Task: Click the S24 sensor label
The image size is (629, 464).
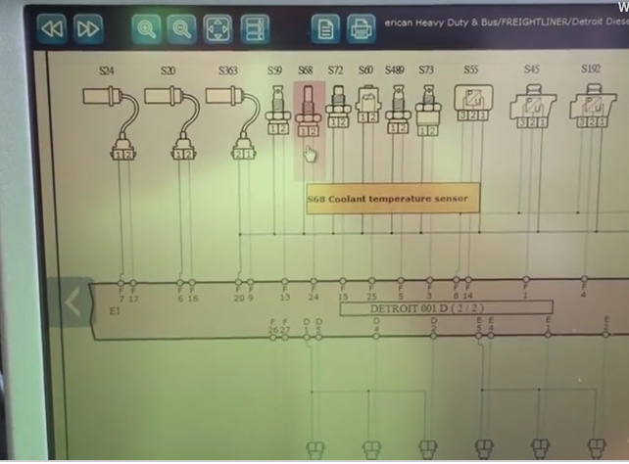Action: pos(106,71)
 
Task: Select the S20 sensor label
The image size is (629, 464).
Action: pos(168,71)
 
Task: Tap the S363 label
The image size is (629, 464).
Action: pos(228,71)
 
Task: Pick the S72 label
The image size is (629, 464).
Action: pos(335,71)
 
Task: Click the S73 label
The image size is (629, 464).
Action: pos(426,71)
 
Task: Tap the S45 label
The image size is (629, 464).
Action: pos(531,70)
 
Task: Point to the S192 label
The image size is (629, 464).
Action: pos(591,70)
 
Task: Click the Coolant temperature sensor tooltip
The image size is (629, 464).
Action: pos(388,199)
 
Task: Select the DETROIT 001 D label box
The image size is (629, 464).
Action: pos(446,307)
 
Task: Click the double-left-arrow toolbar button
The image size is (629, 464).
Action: pos(52,28)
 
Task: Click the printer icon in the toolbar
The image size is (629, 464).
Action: pos(362,28)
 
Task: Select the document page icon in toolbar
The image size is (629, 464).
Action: pos(326,28)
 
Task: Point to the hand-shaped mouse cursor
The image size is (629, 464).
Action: pos(311,155)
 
